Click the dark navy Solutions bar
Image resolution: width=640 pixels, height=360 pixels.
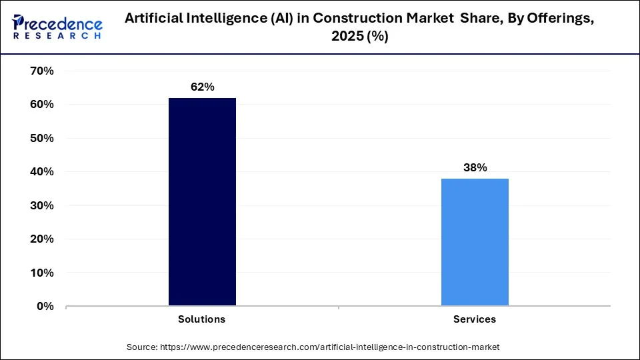[x=202, y=202]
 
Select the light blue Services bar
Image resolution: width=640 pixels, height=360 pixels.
[x=475, y=242]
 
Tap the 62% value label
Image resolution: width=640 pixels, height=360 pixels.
[x=202, y=87]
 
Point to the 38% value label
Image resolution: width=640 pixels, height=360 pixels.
[x=475, y=168]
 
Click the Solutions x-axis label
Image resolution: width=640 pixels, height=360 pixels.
[x=202, y=319]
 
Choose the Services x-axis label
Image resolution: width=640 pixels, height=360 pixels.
[x=475, y=319]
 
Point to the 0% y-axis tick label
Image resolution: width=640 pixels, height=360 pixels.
[x=44, y=306]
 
